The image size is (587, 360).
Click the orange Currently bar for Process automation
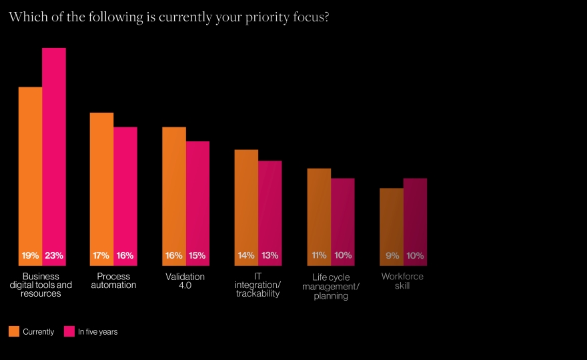102,180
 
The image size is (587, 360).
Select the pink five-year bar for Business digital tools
54,147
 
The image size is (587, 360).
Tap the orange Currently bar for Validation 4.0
174,187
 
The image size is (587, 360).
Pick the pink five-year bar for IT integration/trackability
270,203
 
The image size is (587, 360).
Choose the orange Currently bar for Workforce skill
392,220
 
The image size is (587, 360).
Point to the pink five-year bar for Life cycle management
343,213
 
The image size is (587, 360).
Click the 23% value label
54,255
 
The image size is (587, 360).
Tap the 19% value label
30,255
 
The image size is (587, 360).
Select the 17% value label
101,255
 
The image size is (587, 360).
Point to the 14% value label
246,255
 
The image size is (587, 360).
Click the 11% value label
319,255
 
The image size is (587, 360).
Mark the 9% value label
392,255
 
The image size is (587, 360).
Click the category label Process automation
113,281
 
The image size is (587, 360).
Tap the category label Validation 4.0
185,281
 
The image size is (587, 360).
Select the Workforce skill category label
402,281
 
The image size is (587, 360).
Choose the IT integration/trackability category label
257,285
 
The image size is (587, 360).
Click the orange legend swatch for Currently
14,331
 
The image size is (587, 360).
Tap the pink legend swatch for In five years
69,331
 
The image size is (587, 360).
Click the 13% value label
270,255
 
